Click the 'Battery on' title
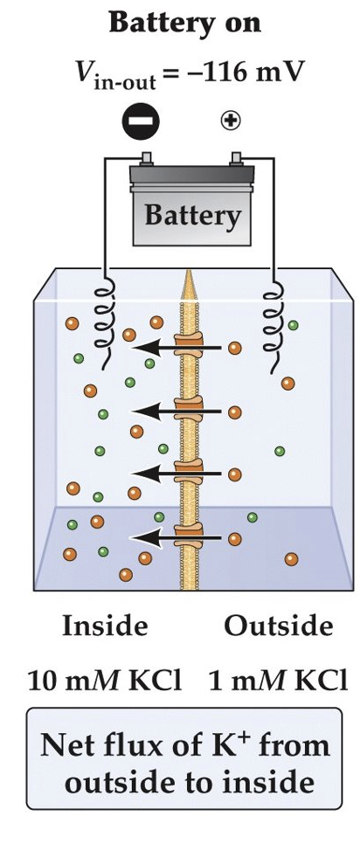point(183,23)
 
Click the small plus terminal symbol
point(231,121)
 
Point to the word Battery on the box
point(191,216)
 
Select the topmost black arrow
point(163,348)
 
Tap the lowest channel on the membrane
point(188,535)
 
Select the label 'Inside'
point(105,626)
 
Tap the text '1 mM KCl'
point(278,681)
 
